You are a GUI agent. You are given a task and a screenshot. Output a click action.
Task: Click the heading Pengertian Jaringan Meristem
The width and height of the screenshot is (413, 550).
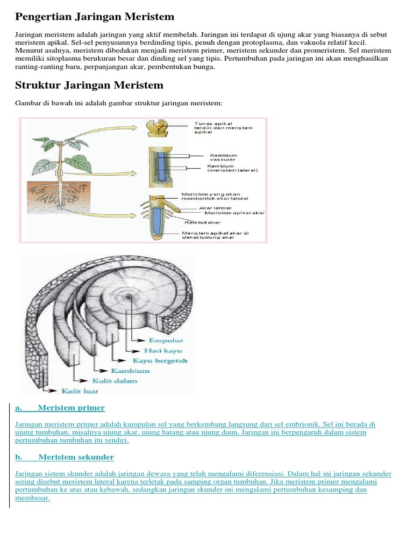95,17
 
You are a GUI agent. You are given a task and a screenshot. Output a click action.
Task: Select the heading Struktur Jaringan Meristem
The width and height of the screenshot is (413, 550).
89,85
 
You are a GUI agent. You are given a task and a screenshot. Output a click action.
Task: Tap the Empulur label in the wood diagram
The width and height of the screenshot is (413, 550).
167,340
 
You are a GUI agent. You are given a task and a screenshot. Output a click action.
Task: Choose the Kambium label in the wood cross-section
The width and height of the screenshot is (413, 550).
130,371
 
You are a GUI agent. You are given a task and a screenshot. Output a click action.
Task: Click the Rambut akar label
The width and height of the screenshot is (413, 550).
202,222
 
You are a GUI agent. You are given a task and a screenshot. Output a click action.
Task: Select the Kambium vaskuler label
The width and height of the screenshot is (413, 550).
223,158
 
